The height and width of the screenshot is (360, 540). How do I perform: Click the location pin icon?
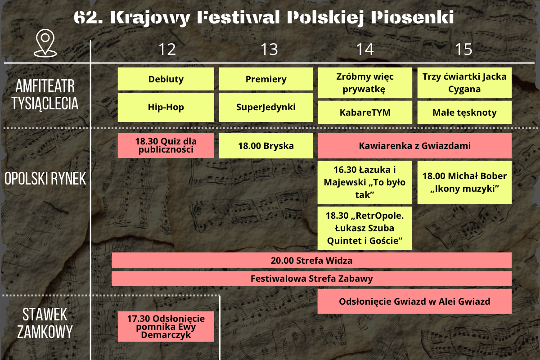click(x=45, y=43)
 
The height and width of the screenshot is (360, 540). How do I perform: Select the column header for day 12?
click(x=167, y=49)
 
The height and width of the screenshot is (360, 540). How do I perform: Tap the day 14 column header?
click(x=365, y=49)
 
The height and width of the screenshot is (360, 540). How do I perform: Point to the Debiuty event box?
click(x=166, y=79)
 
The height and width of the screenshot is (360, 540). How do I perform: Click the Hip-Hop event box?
click(x=166, y=107)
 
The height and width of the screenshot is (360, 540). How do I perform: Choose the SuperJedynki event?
click(x=266, y=107)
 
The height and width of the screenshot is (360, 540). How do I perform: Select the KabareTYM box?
click(x=365, y=112)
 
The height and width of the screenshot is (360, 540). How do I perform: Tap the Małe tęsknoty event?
click(x=464, y=112)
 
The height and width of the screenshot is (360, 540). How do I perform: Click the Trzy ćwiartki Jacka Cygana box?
click(x=464, y=83)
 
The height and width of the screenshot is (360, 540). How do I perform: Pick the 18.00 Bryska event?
click(x=266, y=146)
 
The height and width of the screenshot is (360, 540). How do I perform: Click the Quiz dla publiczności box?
click(x=166, y=145)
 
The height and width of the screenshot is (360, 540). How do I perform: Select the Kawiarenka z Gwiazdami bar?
click(x=414, y=146)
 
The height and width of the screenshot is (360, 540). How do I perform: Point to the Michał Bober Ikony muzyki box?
click(x=464, y=183)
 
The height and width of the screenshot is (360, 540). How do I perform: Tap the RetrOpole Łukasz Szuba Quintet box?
click(x=364, y=228)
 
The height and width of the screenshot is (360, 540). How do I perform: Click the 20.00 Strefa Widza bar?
click(x=311, y=261)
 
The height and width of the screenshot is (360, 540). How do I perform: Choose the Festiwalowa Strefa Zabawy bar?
click(x=311, y=279)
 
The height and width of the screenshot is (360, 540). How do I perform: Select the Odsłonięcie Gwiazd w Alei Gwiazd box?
click(x=414, y=301)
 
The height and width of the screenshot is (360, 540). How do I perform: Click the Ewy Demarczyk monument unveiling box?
click(x=166, y=327)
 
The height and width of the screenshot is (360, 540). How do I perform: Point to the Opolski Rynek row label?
click(x=45, y=179)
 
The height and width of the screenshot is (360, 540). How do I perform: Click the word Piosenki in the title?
click(x=412, y=18)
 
